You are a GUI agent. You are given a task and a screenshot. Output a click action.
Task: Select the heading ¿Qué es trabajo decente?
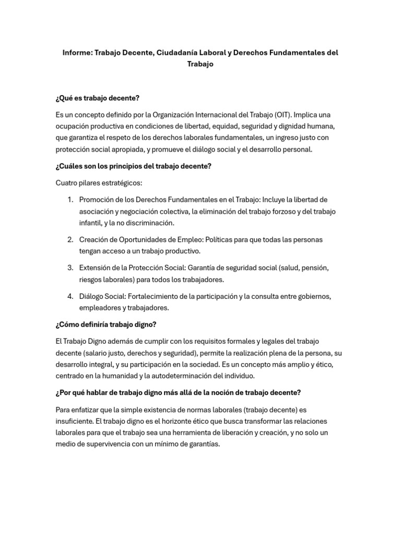pos(98,98)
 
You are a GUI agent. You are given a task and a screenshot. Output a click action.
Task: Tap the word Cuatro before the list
pos(66,183)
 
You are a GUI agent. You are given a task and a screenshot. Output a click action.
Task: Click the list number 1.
pos(70,200)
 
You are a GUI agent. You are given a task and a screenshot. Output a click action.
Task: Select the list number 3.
pos(70,268)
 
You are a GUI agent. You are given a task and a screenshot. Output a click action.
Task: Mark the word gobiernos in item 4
pos(313,296)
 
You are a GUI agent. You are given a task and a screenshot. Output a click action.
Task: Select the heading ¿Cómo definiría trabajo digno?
pos(105,324)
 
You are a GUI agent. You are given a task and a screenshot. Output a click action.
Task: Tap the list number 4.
pos(70,296)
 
